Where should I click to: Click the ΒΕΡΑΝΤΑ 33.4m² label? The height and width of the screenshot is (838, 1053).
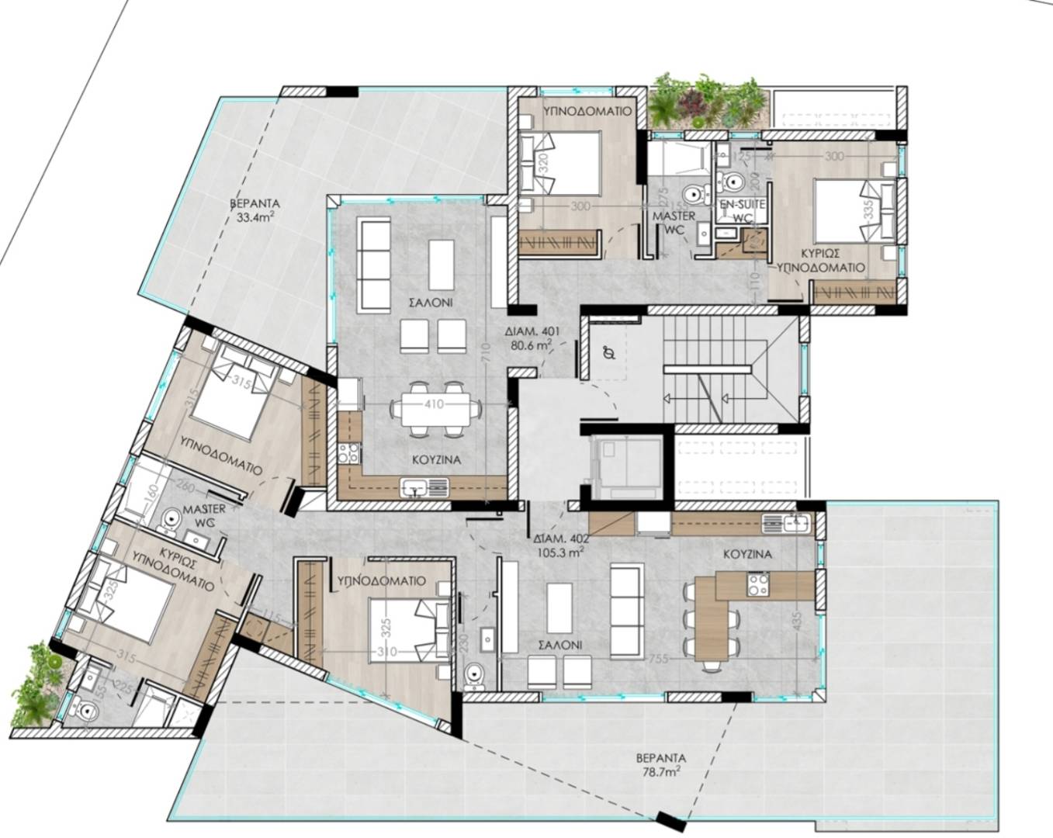click(x=255, y=210)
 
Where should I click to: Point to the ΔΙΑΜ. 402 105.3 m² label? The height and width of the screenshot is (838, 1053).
click(x=561, y=546)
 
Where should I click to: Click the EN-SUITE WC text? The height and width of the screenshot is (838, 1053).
click(x=743, y=210)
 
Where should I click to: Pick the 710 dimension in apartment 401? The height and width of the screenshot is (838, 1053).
click(x=483, y=353)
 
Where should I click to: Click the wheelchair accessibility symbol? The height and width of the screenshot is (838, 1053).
click(x=610, y=354)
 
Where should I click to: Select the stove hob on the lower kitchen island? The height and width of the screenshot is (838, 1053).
click(x=757, y=583)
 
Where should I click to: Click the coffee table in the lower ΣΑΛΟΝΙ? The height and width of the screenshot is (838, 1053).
click(x=559, y=608)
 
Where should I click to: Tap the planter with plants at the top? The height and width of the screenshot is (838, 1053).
click(x=706, y=102)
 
